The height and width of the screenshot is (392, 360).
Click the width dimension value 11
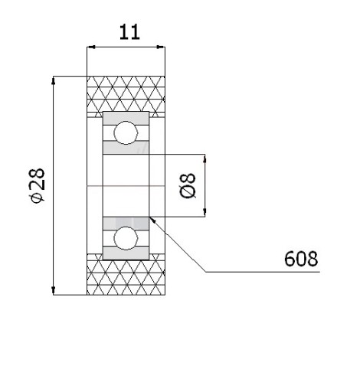[129, 32]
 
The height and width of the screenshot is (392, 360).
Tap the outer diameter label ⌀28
[38, 185]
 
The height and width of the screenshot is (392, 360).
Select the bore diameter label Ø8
[188, 185]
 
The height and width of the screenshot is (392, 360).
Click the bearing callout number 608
[301, 259]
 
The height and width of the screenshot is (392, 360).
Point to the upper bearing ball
[126, 132]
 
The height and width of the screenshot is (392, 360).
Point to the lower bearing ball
[126, 238]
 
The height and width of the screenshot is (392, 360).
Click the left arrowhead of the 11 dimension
[90, 47]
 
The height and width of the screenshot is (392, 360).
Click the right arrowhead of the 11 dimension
[161, 47]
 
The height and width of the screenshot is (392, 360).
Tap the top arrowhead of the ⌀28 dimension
[54, 80]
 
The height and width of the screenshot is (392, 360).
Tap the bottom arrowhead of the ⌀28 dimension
[54, 291]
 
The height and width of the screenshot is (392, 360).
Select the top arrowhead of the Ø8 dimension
[205, 158]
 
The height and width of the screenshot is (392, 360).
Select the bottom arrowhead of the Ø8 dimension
[205, 213]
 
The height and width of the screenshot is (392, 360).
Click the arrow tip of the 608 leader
[150, 217]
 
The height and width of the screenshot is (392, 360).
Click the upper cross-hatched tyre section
[126, 94]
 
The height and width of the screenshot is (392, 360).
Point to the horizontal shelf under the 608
[263, 272]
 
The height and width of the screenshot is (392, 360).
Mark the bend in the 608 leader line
[206, 272]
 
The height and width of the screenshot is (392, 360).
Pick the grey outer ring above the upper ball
[126, 118]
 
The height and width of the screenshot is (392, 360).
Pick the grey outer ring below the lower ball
[126, 253]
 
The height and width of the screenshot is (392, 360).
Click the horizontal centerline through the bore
[126, 186]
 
